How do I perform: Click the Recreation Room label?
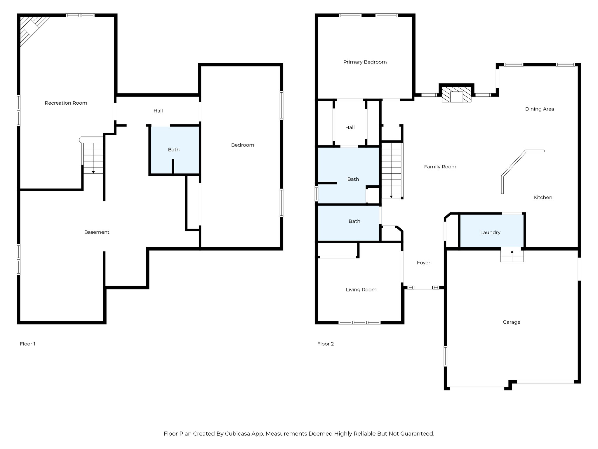[66, 103]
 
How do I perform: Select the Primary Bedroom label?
[365, 62]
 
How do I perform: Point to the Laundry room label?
[490, 232]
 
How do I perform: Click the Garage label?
[511, 322]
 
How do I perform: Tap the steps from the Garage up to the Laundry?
[512, 255]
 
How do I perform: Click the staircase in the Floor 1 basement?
[93, 158]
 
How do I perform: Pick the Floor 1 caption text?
[27, 344]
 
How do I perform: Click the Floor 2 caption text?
[325, 344]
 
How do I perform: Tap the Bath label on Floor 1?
[173, 150]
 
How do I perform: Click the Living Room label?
[361, 290]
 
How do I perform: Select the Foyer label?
[423, 263]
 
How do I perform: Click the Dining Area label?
[539, 109]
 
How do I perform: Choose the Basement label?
[97, 232]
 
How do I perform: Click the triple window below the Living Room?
[359, 322]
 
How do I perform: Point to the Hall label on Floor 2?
[350, 127]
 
